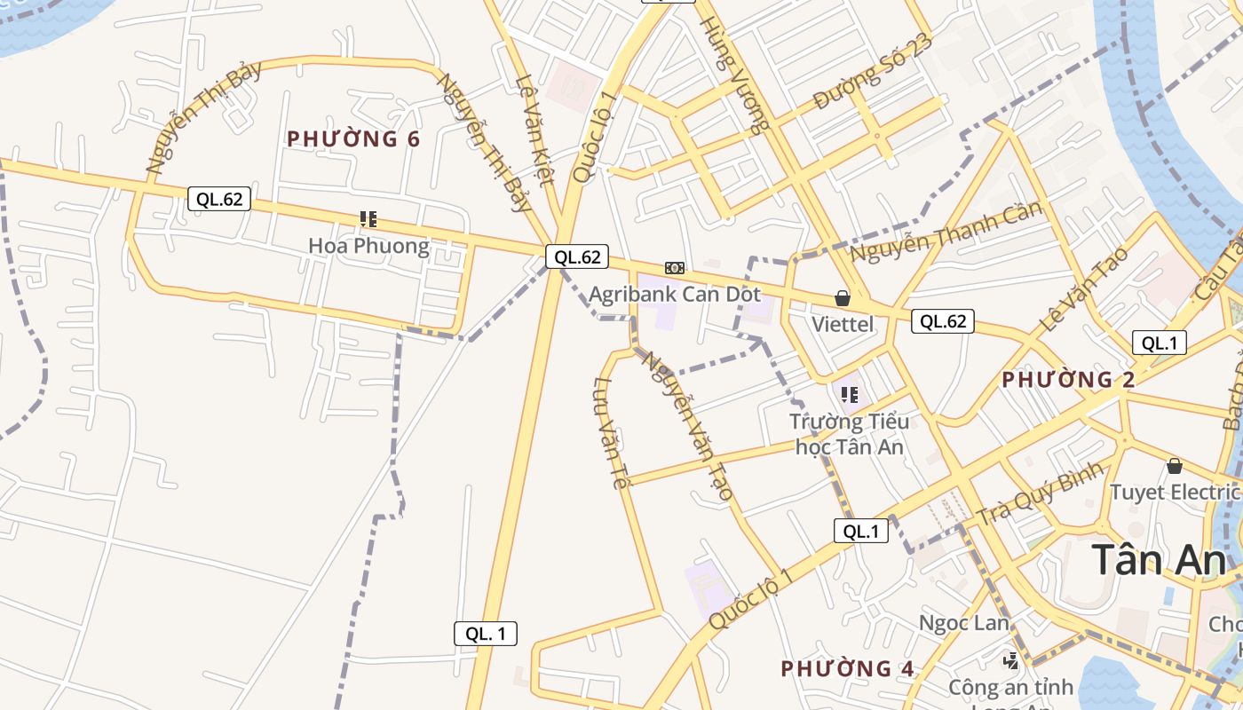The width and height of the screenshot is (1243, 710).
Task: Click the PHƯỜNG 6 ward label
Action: coord(353,139)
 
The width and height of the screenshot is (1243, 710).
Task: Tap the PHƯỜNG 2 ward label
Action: coord(1068,380)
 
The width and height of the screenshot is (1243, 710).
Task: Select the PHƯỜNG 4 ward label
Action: coord(847,668)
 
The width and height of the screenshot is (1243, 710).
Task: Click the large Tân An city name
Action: coord(1159,560)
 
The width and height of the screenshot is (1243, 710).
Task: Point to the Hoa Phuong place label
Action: coord(368,246)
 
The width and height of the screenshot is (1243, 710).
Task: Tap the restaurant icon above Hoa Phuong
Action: coord(368,218)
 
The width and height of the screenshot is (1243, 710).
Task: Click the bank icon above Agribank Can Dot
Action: coord(675,268)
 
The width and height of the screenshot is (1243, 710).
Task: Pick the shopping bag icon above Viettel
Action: coord(842,298)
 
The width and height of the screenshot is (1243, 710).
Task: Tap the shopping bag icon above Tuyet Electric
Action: coord(1175,466)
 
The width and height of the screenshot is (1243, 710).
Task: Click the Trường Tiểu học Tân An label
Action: coord(850,434)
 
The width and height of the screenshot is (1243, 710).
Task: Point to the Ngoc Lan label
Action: coord(964,623)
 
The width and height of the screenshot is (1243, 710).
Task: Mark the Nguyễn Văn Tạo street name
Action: coord(688,426)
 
